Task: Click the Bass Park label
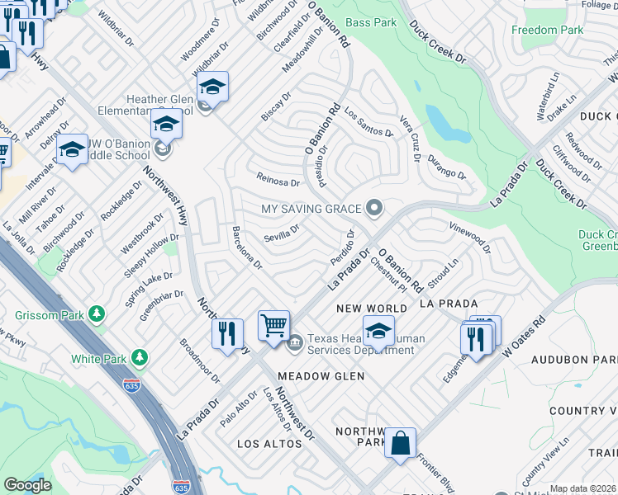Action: click(371, 21)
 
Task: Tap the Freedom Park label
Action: click(547, 31)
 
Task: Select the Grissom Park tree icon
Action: click(97, 313)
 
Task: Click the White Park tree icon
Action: click(140, 358)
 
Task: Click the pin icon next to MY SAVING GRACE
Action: click(375, 207)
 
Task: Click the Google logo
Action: click(27, 484)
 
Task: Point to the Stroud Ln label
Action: click(442, 272)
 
